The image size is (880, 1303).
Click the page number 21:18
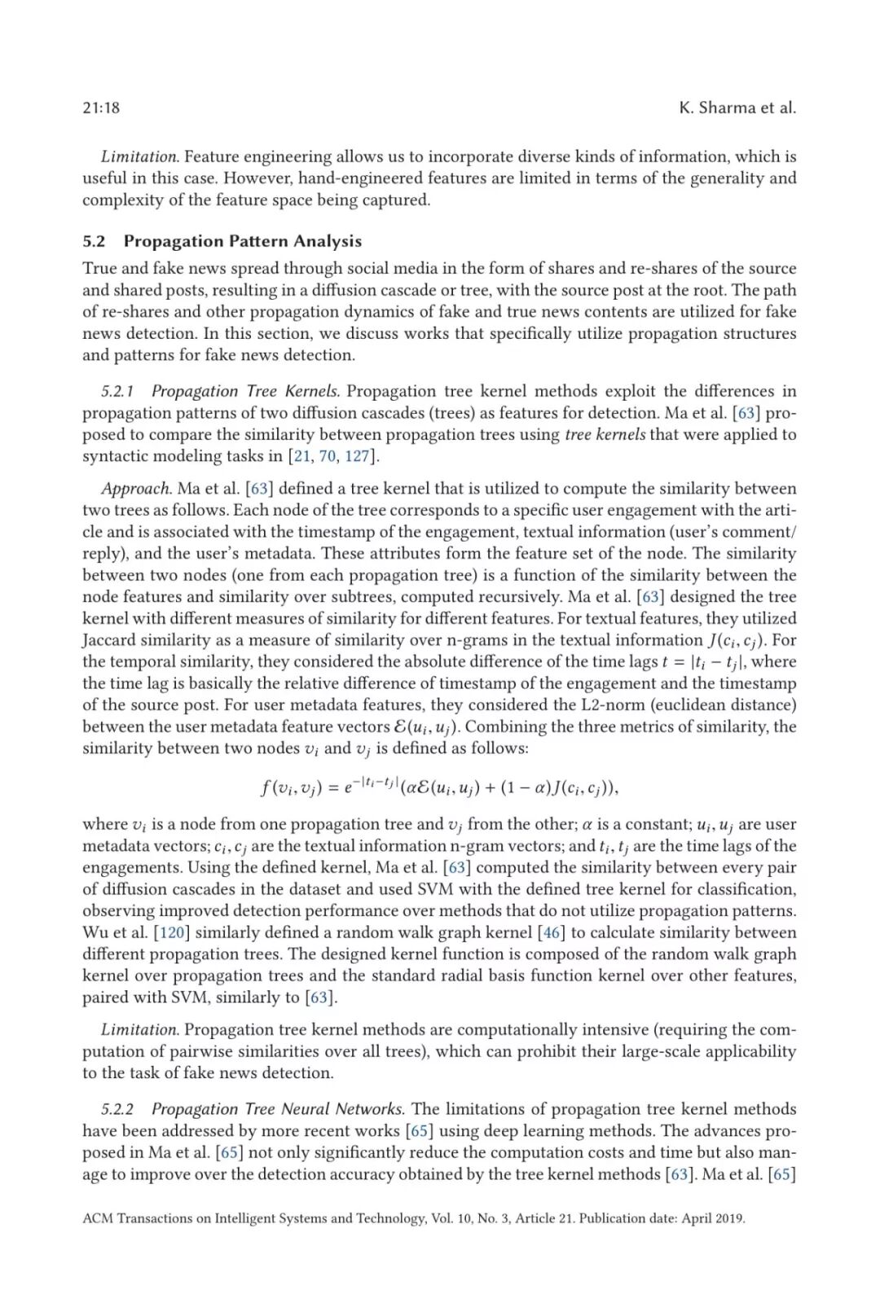[x=101, y=107]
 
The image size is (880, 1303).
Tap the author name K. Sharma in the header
[x=716, y=107]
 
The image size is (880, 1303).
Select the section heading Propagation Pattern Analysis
[x=242, y=241]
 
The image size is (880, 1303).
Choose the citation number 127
[x=357, y=456]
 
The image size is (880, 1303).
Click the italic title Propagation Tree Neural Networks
[x=277, y=1109]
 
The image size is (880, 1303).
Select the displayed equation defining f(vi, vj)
[x=440, y=787]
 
